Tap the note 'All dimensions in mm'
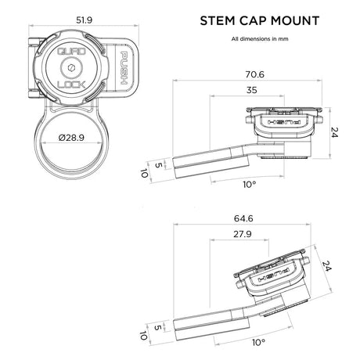click(x=255, y=38)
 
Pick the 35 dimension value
click(x=251, y=91)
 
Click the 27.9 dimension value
click(x=243, y=233)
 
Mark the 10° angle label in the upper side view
click(x=248, y=185)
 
